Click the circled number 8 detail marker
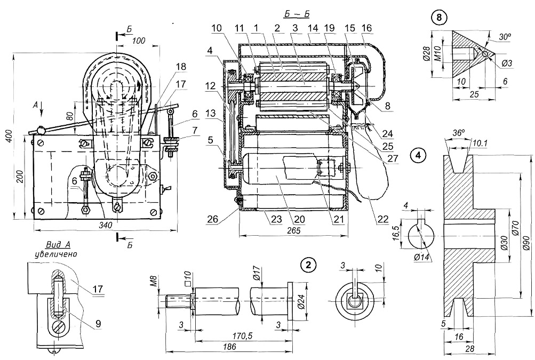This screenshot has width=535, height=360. pyautogui.click(x=440, y=17)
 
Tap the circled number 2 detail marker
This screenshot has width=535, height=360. pyautogui.click(x=307, y=264)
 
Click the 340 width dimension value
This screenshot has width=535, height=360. pyautogui.click(x=106, y=226)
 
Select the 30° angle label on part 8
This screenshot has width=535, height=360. pyautogui.click(x=505, y=37)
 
